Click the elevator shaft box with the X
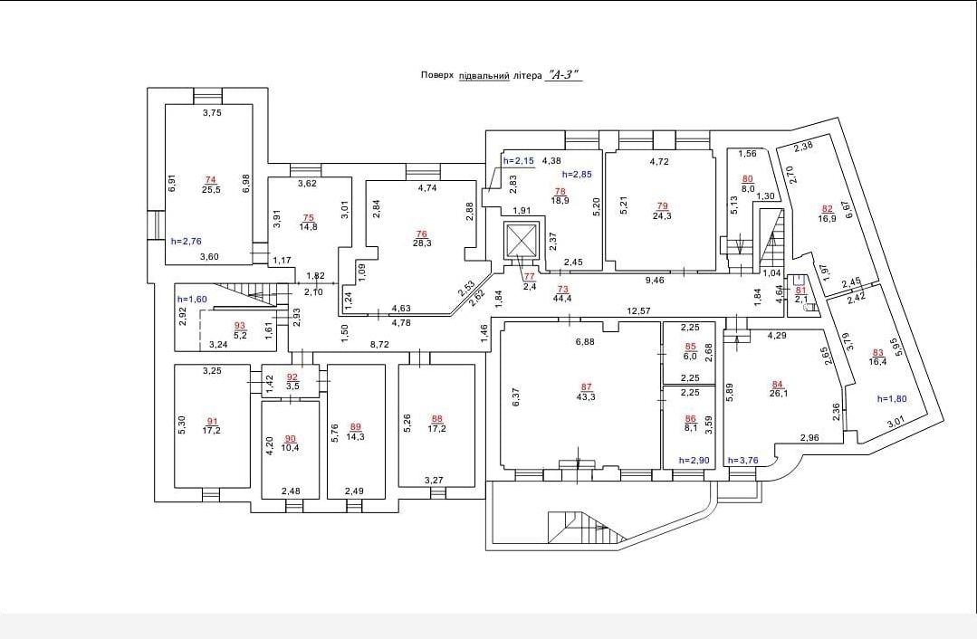pos(522,240)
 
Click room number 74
pos(210,180)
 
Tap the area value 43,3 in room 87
pos(586,396)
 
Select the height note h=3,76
pos(742,461)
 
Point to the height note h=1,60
pos(192,299)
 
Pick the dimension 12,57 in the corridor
pos(639,310)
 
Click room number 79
pos(662,206)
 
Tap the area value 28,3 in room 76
pos(422,243)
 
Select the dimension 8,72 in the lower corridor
pos(380,343)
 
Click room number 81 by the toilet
pos(801,290)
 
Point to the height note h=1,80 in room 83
pos(892,399)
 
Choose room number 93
pos(240,325)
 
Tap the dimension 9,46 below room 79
pos(655,281)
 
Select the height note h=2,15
pos(519,161)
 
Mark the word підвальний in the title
pos(484,75)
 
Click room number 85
pos(690,347)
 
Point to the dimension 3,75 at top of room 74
pos(213,113)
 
